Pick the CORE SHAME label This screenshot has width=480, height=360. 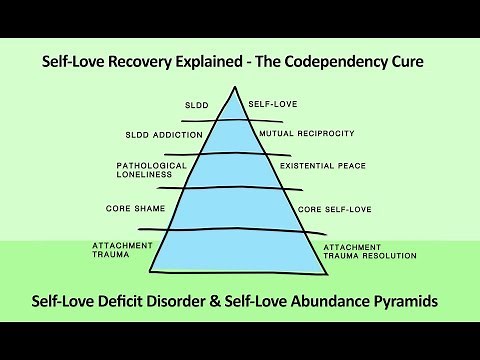click(x=135, y=209)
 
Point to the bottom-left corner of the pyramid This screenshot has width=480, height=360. click(x=149, y=270)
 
